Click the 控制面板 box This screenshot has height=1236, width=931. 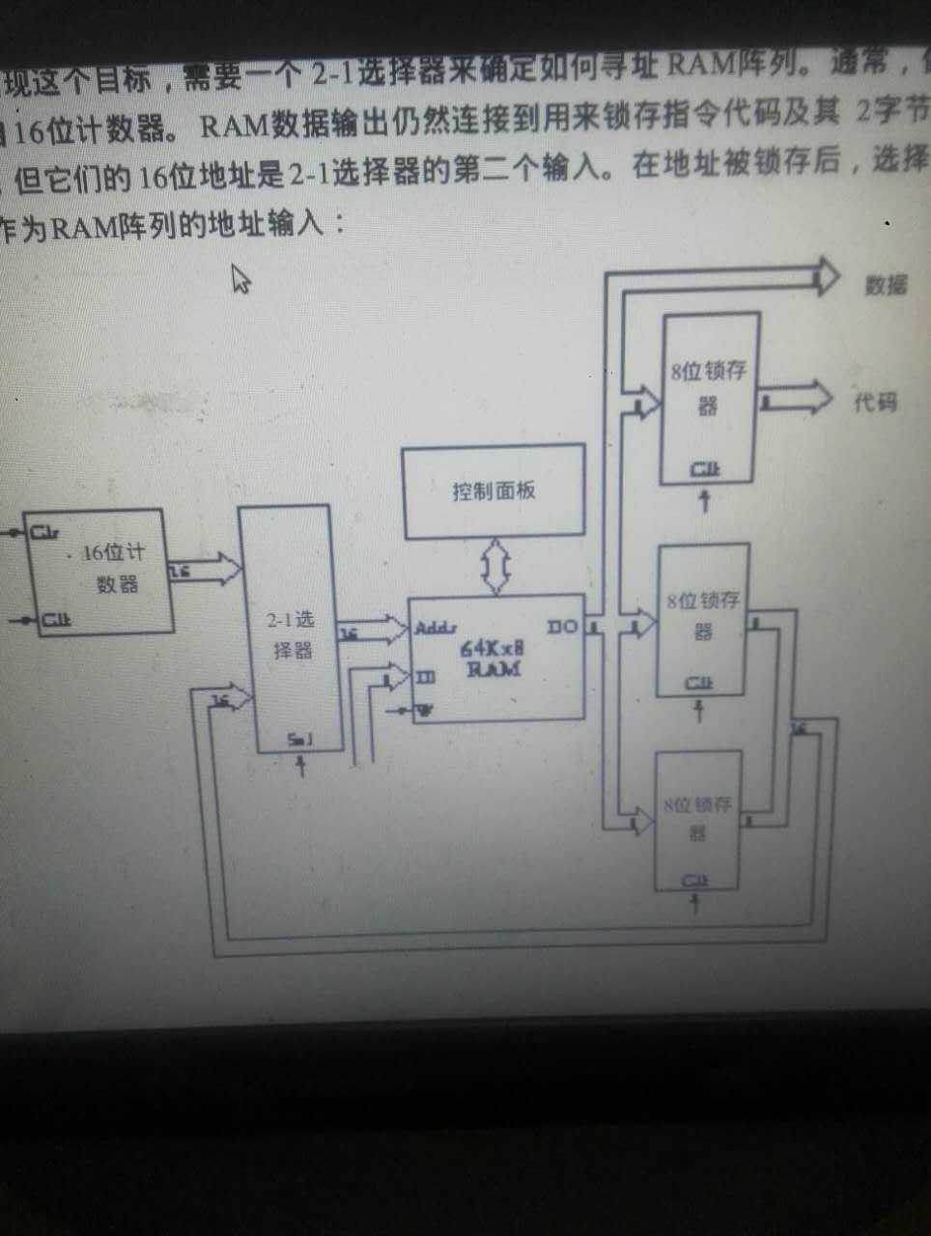tap(494, 491)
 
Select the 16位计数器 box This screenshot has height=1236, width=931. tap(100, 570)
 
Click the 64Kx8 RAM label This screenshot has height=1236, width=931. tap(493, 659)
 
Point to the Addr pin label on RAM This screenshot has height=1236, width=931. tap(436, 629)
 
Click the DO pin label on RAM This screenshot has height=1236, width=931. tap(562, 628)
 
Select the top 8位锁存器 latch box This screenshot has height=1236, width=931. tap(709, 398)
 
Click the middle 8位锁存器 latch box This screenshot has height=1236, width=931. tap(702, 620)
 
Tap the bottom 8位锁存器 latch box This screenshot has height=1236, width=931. tap(697, 821)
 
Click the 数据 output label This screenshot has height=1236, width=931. tap(885, 285)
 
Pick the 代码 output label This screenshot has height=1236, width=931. tap(875, 402)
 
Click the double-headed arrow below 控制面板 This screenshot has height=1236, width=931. tap(498, 567)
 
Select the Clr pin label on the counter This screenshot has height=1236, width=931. tap(44, 531)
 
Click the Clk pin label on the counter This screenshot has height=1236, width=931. tap(54, 620)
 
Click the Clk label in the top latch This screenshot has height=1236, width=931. tap(705, 469)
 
